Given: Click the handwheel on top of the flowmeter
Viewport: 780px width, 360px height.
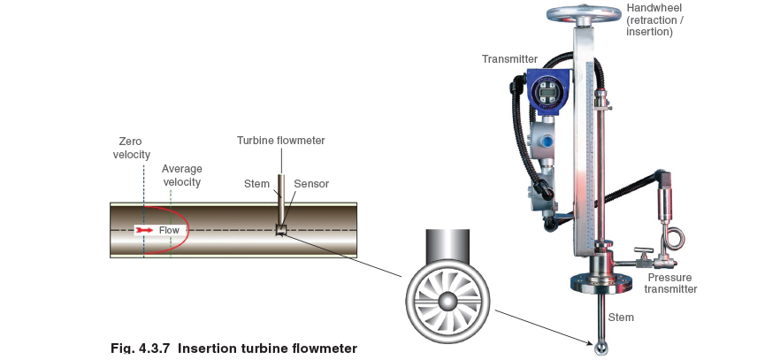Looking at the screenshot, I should (583, 14).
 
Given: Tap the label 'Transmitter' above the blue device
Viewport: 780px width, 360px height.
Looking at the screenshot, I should (509, 59).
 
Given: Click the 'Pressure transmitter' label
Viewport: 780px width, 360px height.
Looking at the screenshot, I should (670, 283).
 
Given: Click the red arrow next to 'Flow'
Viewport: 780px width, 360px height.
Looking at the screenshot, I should (144, 230).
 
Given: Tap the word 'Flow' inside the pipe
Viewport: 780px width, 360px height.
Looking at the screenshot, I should (169, 230).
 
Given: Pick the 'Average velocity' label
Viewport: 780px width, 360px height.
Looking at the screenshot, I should (182, 175).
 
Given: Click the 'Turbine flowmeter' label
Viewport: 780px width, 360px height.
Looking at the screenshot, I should (280, 141).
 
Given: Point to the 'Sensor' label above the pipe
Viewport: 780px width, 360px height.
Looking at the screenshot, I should (311, 184).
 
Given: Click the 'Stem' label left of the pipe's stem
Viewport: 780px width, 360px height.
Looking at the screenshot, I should (256, 184).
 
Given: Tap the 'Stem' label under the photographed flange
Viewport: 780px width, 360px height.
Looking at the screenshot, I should (622, 317).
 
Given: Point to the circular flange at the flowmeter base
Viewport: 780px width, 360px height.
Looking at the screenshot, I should (601, 282).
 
